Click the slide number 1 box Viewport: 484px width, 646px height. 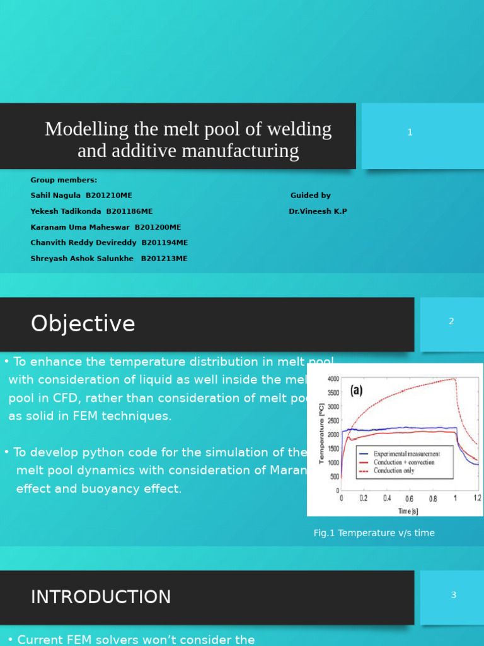pos(410,132)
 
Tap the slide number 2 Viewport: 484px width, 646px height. pos(451,321)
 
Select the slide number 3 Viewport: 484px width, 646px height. pos(453,595)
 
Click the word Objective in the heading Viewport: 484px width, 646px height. pos(83,324)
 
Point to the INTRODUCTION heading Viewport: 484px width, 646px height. pos(101,597)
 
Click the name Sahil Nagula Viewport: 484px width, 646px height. pos(55,196)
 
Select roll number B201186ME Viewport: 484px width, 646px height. pos(129,211)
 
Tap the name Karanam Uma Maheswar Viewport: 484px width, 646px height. pos(80,227)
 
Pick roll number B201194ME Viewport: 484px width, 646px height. pos(164,243)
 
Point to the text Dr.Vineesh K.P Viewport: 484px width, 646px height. pos(318,211)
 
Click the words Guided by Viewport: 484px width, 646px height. pos(310,196)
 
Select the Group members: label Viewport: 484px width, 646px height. pos(64,180)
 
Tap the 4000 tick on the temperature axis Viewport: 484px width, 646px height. pos(333,379)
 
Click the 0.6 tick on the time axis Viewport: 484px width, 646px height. pos(410,498)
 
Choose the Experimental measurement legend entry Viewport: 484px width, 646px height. pos(406,454)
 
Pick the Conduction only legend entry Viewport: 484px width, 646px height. pos(394,471)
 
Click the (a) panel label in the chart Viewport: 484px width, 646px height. pos(357,391)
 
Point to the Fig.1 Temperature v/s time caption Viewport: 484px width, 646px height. pos(374,533)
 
